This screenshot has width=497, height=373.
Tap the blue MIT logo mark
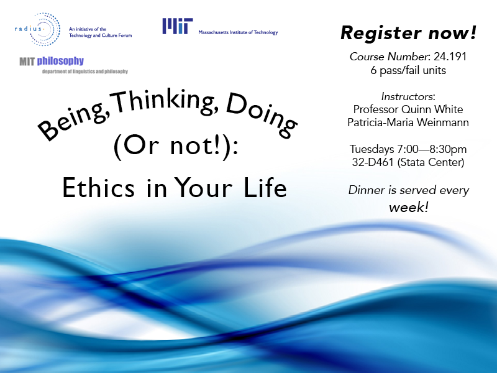coord(178,26)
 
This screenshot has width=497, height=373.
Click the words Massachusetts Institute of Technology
coord(238,32)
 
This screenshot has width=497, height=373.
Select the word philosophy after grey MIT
coord(60,61)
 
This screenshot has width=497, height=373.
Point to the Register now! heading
coord(408,33)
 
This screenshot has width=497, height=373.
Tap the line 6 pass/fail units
coord(408,70)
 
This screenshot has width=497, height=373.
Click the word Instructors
coord(407,96)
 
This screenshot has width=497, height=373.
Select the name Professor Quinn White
coord(408,109)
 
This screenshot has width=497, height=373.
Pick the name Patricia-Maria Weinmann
coord(408,122)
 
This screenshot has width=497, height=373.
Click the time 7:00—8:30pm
coord(432,149)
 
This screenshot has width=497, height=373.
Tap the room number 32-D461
coord(373,162)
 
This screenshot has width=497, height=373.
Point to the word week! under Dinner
coord(409,208)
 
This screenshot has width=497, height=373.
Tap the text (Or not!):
coord(176,147)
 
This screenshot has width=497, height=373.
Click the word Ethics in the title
coord(98,188)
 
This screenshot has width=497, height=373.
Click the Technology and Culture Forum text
coord(101,35)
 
